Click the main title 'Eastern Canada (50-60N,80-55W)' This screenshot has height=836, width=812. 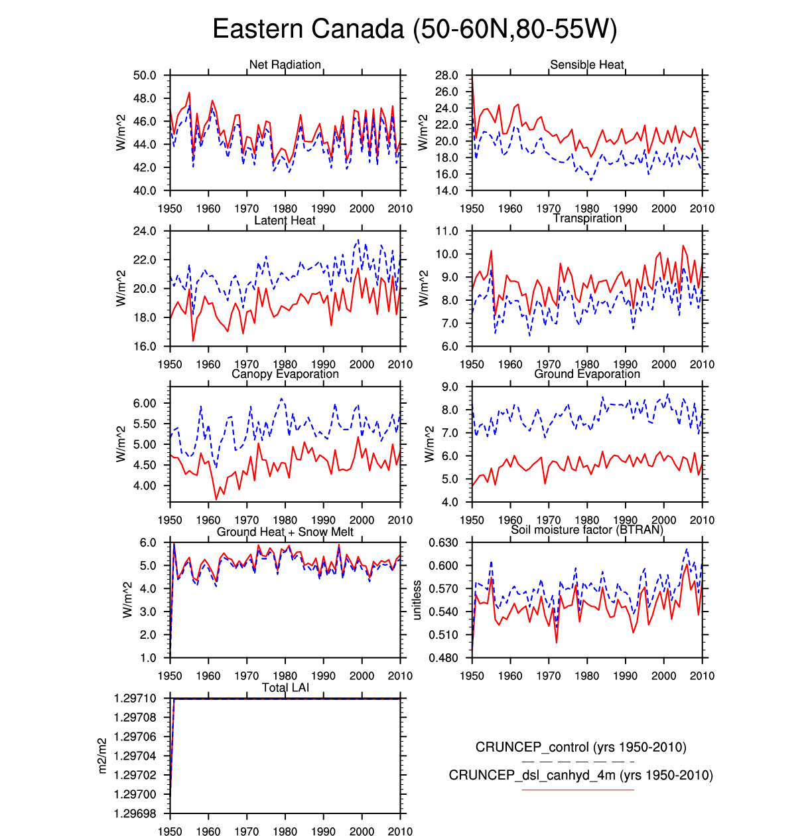click(x=415, y=29)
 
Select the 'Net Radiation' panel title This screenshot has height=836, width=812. click(x=285, y=64)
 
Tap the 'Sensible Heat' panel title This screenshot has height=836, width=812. click(x=587, y=64)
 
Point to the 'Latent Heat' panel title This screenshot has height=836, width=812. click(x=285, y=220)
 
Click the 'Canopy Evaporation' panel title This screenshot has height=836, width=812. click(x=285, y=374)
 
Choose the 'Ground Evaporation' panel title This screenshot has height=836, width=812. click(x=587, y=374)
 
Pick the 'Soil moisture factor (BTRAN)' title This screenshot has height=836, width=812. click(x=587, y=530)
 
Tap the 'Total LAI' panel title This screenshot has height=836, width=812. click(x=285, y=687)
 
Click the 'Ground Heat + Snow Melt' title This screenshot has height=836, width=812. click(x=285, y=532)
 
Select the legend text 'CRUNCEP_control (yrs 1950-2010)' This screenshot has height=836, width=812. click(x=580, y=747)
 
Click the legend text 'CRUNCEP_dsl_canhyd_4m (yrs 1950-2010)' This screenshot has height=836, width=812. click(x=580, y=775)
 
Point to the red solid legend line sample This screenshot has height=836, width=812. click(x=578, y=790)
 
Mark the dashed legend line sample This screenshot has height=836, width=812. click(x=578, y=762)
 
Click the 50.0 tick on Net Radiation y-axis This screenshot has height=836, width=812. click(x=145, y=76)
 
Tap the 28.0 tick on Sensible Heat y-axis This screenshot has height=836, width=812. click(x=446, y=76)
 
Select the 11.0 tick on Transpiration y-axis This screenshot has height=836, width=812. click(x=446, y=231)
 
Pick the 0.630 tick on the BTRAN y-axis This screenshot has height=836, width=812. click(x=443, y=543)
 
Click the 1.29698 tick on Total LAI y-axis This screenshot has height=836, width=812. click(x=135, y=813)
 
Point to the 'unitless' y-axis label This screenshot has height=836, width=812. click(x=417, y=600)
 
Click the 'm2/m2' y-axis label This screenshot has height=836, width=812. click(x=102, y=756)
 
